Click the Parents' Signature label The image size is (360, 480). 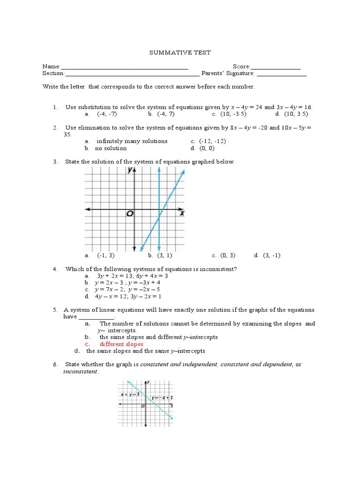(228, 73)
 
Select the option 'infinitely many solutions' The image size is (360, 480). (132, 141)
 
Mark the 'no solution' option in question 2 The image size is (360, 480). (111, 148)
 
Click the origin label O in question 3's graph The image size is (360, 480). (129, 214)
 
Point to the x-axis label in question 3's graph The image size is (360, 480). (181, 213)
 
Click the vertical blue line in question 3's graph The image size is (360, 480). (160, 187)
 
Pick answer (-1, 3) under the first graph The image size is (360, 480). (105, 255)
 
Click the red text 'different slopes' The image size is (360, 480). (121, 344)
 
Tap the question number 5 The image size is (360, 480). (55, 310)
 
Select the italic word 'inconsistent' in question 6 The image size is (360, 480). (81, 372)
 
